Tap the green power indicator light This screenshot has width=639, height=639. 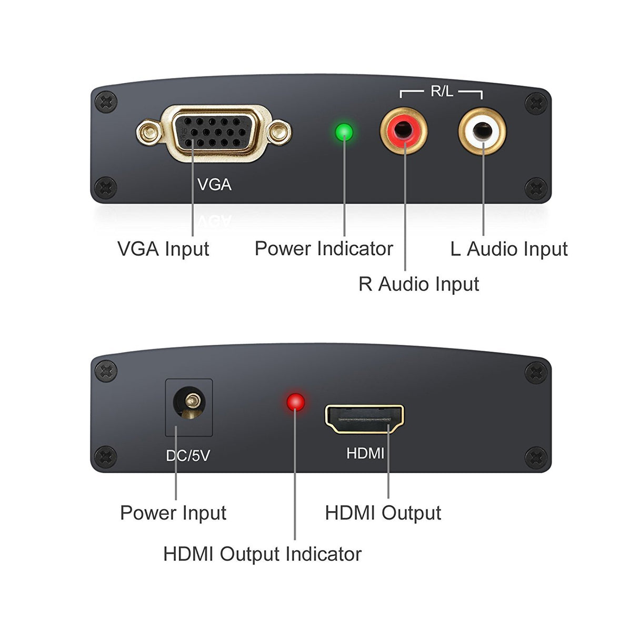coord(344,132)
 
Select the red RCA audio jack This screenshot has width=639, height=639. coord(404,131)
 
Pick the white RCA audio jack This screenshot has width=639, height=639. coord(482,131)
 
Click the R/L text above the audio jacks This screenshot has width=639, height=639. coord(441,92)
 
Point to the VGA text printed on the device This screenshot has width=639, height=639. coord(214,185)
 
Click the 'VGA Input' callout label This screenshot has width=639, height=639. coord(163,249)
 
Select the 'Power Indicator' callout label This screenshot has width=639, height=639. coord(324,249)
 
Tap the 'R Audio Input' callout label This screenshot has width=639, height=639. coord(418,284)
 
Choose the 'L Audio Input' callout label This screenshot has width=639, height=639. coord(509,249)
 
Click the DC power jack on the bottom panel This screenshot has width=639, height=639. coord(189,404)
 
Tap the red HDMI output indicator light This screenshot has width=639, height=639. coord(295,402)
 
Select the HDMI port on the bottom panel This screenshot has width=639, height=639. coord(364,419)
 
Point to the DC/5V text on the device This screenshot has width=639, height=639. coord(188,456)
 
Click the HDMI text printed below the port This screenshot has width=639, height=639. coord(365,453)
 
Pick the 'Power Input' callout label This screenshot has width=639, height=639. coord(173,513)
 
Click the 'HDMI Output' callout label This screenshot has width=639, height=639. coord(383,513)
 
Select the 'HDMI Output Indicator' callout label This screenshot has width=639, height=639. coord(262,554)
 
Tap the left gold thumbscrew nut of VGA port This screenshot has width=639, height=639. coord(149,132)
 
